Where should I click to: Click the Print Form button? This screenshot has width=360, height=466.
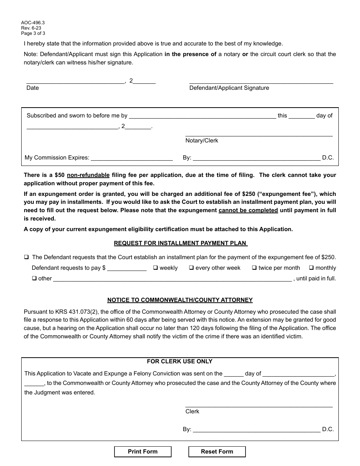coord(142,452)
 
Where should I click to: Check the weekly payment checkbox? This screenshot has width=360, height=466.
coord(155,268)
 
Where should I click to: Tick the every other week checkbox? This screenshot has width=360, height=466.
coord(191,268)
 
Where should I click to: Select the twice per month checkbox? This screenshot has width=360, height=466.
coord(254,268)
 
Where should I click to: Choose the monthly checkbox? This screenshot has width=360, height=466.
coord(311,268)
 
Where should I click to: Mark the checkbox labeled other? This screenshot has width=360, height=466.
coord(34,278)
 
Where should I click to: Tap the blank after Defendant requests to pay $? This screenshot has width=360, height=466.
coord(127,268)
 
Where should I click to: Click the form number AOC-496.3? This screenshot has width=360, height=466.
coord(33,23)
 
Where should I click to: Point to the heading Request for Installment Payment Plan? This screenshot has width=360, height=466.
coord(180,243)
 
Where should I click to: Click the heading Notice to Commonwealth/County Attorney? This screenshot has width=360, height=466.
coord(180,300)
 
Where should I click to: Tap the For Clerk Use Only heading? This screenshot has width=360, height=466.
coord(180,361)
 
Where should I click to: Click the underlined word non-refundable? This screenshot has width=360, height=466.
coord(88,175)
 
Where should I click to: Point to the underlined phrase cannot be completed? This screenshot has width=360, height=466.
coord(248,210)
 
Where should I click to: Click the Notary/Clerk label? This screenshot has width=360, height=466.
coord(202,141)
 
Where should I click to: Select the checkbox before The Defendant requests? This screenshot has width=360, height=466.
coord(27,257)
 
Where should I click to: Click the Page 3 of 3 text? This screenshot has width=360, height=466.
coord(33,33)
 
